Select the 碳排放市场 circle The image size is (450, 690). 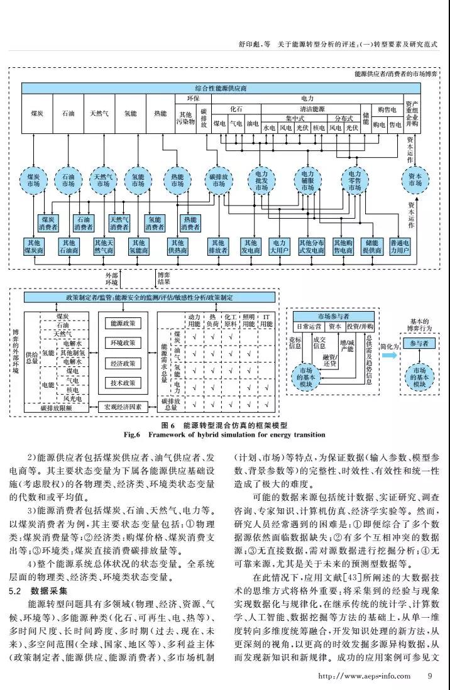tap(218, 179)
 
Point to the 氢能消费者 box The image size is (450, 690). tap(155, 222)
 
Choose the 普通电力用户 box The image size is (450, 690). tap(400, 246)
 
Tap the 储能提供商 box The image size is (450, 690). tap(371, 246)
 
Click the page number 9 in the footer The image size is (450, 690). tap(430, 676)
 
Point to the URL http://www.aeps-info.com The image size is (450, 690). tap(365, 676)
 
